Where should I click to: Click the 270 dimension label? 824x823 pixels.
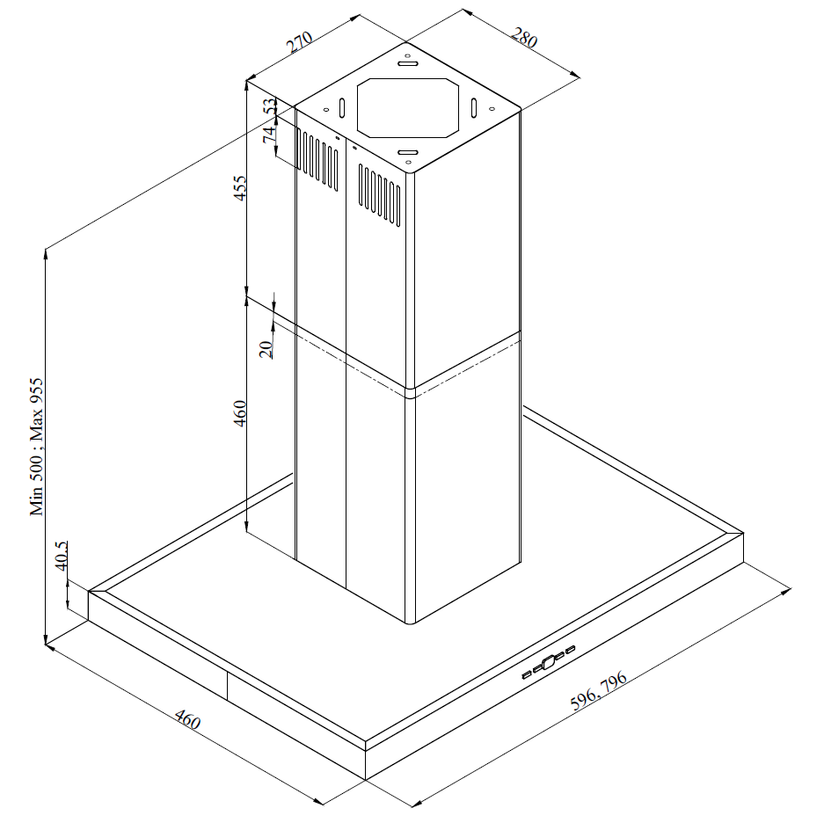[300, 42]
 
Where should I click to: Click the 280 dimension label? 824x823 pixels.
[524, 38]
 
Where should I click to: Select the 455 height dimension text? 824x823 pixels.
[239, 187]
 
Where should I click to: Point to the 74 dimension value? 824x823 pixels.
[269, 135]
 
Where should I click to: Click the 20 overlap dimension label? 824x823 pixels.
[266, 349]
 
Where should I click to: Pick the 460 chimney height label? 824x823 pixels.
[239, 413]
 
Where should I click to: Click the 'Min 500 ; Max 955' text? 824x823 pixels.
[36, 447]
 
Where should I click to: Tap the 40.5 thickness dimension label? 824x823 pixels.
[62, 556]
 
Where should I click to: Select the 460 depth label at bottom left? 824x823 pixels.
[187, 719]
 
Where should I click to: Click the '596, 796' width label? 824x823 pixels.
[599, 690]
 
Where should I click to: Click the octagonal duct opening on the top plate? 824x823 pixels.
[408, 108]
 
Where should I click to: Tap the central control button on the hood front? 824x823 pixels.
[548, 662]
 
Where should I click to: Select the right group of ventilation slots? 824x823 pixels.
[379, 195]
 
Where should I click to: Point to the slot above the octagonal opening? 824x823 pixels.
[408, 63]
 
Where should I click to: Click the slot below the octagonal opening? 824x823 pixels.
[408, 152]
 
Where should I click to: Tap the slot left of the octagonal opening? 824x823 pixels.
[342, 108]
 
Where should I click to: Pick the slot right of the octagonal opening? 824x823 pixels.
[473, 108]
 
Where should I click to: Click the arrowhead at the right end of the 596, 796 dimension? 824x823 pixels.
[786, 591]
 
